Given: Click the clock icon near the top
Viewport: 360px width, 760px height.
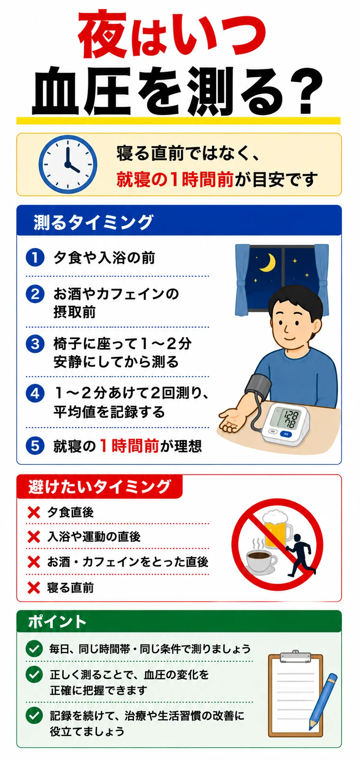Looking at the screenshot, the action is [68, 164].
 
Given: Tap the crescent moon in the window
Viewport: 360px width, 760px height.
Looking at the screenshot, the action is [268, 263].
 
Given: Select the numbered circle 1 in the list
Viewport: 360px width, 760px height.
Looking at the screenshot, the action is [35, 257].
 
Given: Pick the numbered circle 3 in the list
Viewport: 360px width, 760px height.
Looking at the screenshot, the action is [35, 344].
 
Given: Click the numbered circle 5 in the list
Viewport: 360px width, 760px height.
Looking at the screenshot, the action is [35, 446].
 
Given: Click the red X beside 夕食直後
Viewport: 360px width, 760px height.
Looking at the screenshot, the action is [33, 512].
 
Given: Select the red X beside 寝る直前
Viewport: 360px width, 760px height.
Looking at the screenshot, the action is [33, 587].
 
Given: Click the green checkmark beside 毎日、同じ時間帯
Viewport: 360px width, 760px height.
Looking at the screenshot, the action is [34, 648].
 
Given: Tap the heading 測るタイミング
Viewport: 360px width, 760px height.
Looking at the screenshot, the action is [93, 222].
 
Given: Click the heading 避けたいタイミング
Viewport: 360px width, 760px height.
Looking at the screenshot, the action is [99, 487].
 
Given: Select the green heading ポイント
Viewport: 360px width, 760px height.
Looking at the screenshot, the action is [57, 622].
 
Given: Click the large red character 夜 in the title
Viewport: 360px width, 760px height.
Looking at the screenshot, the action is [103, 35].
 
